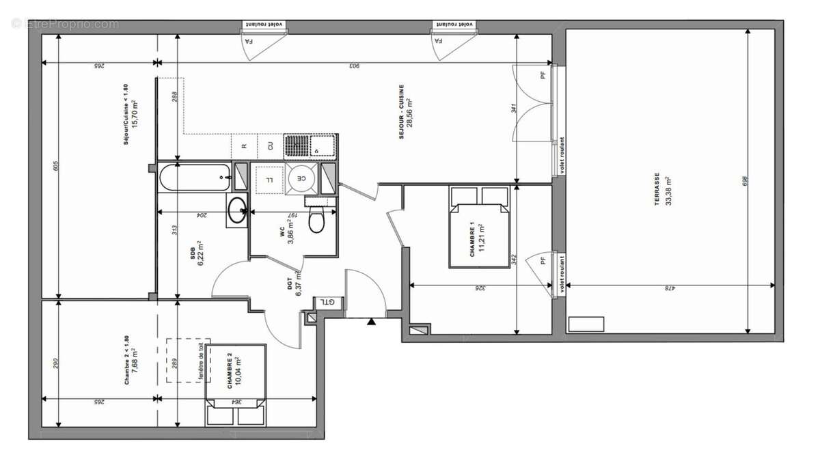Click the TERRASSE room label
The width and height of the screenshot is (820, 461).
click(656, 188)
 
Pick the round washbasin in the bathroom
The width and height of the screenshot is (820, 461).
click(237, 210)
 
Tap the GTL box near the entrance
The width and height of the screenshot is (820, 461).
click(329, 302)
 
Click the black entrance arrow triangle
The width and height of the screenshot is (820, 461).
click(371, 321)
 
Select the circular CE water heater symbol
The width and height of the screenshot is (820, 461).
click(301, 178)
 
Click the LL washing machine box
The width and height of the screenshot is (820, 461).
click(269, 180)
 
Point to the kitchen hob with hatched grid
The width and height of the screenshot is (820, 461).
click(297, 145)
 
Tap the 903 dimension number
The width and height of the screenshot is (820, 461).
click(354, 66)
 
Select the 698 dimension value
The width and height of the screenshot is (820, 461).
click(746, 181)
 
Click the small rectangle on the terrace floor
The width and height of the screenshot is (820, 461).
click(586, 324)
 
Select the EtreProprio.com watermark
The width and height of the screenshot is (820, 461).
click(66, 24)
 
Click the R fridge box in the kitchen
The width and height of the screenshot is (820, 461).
click(244, 145)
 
